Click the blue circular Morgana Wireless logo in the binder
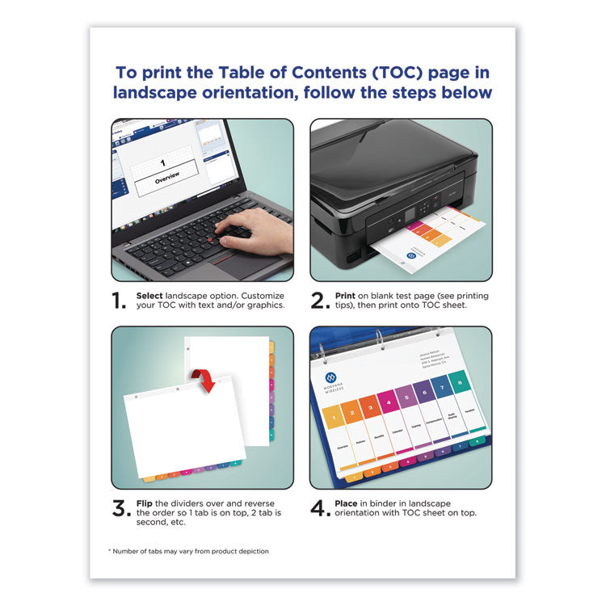click(329, 378)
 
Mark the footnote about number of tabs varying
click(189, 551)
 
